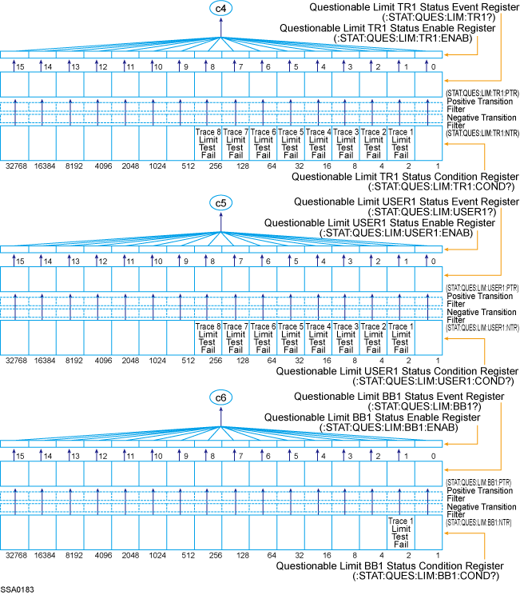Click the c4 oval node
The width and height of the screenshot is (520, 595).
coord(221,8)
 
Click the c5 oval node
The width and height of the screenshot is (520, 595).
coord(221,203)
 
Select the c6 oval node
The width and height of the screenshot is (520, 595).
coord(221,397)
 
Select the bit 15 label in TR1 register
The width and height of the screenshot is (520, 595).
coord(19,66)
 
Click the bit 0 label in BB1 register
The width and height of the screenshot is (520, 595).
coord(432,456)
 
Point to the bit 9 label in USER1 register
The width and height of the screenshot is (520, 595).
coord(185,262)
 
